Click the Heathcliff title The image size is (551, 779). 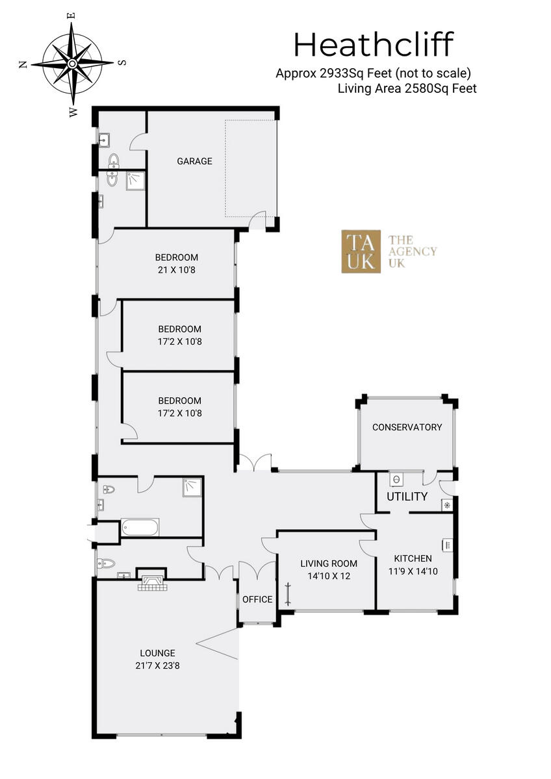pos(373,45)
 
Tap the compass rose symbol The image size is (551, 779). pos(71,63)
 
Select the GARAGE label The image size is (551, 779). pos(195,161)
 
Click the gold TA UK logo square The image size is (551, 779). pos(361,251)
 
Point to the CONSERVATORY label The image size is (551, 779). pos(407,427)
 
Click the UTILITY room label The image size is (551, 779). pos(407,497)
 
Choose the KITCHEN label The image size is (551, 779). pos(413,558)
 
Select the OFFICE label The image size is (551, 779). pos(257,599)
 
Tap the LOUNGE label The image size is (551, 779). pos(157,653)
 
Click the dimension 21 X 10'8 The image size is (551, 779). pos(177,269)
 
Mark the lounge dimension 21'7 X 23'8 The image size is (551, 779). pos(157,665)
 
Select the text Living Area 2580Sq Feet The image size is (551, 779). pos(407,89)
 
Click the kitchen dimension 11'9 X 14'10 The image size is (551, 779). pos(413,571)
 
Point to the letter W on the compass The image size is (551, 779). pos(73,112)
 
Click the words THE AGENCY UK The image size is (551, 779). pos(412,251)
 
